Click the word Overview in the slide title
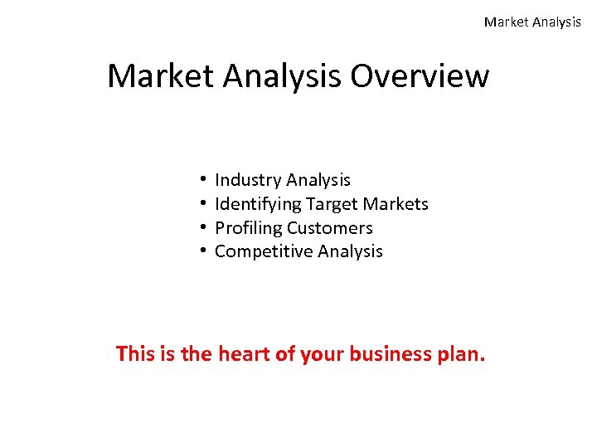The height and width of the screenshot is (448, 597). point(420,76)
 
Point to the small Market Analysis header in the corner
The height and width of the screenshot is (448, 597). point(532,22)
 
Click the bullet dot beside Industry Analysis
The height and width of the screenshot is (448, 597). point(202,180)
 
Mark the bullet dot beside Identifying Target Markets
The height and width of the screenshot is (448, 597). point(202,204)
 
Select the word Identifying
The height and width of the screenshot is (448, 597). point(258,204)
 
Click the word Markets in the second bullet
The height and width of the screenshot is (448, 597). point(397,204)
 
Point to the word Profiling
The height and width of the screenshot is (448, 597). point(249,228)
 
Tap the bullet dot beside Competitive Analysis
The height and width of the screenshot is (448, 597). point(202,251)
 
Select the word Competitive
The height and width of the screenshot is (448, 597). point(264,251)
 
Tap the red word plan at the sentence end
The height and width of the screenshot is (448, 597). point(461,355)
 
